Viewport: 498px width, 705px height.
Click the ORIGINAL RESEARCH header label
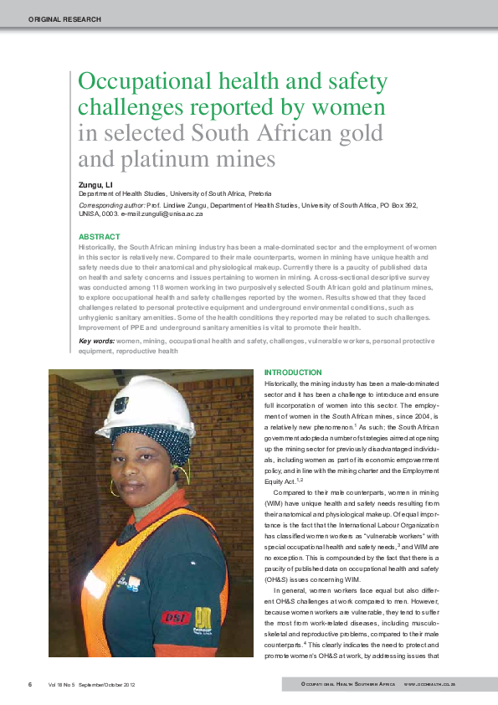pyautogui.click(x=64, y=18)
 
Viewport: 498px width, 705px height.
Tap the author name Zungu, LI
pyautogui.click(x=95, y=183)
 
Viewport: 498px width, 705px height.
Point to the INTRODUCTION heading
pyautogui.click(x=293, y=372)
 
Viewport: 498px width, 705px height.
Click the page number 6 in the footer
pyautogui.click(x=30, y=684)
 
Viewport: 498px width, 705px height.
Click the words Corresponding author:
pyautogui.click(x=111, y=204)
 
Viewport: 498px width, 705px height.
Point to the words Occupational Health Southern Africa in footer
pyautogui.click(x=349, y=685)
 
